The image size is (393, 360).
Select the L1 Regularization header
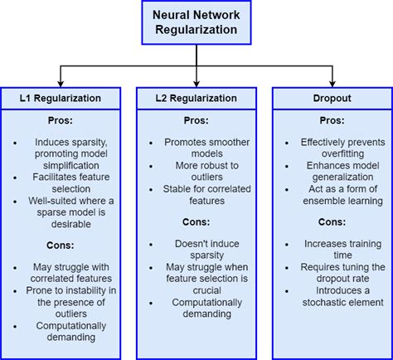[x=61, y=98]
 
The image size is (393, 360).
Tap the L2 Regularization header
[x=196, y=98]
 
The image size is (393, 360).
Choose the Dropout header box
[x=332, y=98]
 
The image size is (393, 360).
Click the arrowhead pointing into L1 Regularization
[x=61, y=84]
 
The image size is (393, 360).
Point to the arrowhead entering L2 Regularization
[x=196, y=84]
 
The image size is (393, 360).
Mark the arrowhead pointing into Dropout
[x=332, y=84]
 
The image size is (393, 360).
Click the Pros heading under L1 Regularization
[x=61, y=120]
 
